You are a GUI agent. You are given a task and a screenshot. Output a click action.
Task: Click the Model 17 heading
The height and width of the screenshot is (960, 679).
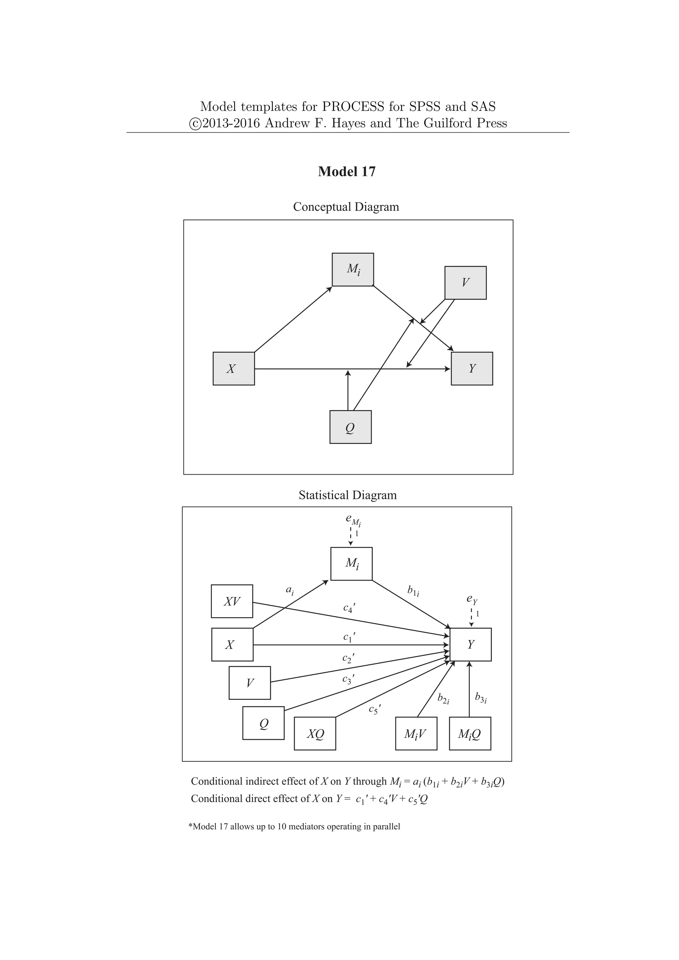(x=346, y=171)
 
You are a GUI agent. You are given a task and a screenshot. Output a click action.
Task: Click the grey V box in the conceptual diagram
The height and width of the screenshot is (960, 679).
(x=465, y=283)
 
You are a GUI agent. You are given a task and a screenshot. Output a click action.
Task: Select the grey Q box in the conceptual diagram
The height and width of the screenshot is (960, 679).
(x=350, y=427)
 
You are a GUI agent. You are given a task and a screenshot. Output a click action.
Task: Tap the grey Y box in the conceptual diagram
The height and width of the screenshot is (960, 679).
(x=472, y=368)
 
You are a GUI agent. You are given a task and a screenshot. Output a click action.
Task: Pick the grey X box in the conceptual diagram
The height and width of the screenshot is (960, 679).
(x=234, y=368)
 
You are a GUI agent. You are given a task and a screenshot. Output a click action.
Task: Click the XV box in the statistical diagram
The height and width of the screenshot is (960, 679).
(x=232, y=601)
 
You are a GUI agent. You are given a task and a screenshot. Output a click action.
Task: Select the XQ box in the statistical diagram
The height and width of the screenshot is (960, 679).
(x=315, y=733)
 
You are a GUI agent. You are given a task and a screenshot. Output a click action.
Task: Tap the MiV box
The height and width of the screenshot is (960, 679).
(x=416, y=733)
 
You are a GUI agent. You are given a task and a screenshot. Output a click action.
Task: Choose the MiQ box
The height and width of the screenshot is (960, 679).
(x=470, y=733)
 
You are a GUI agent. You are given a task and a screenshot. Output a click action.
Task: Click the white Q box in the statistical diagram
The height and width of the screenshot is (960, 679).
(x=263, y=723)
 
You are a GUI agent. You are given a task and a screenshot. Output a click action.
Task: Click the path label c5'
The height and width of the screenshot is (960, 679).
(x=375, y=709)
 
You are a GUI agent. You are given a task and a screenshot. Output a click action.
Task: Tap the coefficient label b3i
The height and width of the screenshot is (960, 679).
(x=481, y=697)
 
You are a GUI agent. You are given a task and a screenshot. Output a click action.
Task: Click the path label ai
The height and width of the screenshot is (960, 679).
(x=290, y=590)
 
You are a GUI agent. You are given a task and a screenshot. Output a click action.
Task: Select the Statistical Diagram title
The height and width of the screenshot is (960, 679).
(x=347, y=495)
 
